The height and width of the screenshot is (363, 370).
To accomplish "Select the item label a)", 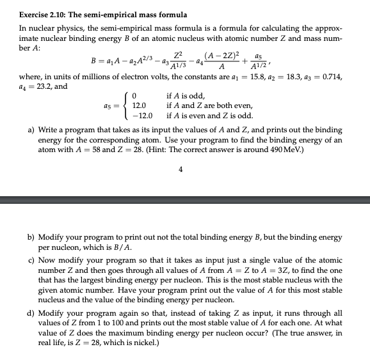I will click(x=32, y=128).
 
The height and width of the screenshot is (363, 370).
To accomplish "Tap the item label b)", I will click(x=32, y=237).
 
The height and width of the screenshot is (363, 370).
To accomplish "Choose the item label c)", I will click(x=32, y=261).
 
